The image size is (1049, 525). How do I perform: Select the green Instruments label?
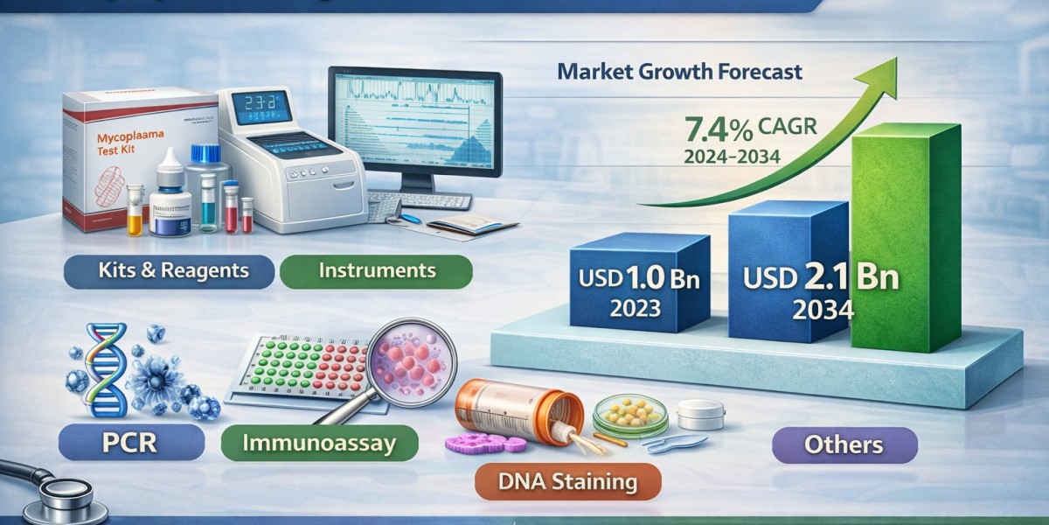376,270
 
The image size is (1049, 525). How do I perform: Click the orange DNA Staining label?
568,480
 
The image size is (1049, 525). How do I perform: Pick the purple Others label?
844,444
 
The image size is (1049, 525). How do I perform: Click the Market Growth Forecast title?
679,72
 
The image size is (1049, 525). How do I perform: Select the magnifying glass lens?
411,362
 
